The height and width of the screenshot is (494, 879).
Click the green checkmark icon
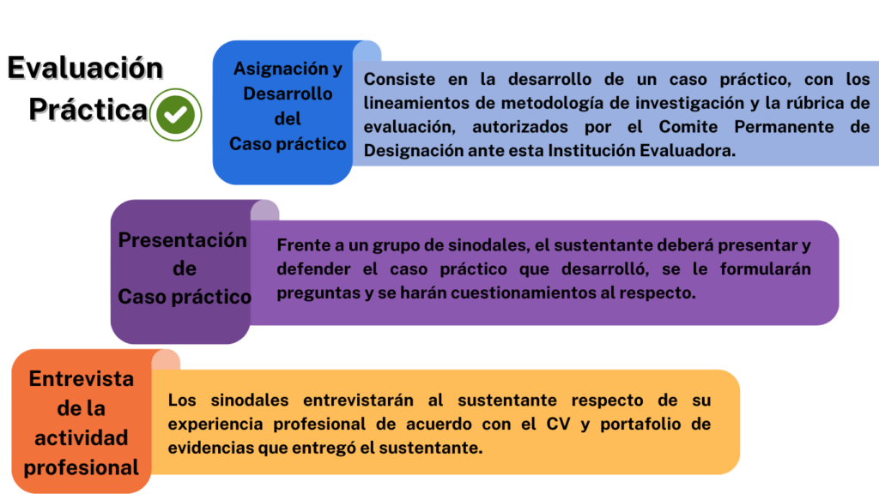(x=175, y=114)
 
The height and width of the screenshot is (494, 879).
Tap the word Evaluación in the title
(x=85, y=69)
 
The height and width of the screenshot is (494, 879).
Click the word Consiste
(x=399, y=79)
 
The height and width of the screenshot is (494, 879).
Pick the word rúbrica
(x=814, y=103)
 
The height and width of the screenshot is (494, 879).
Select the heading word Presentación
(x=182, y=240)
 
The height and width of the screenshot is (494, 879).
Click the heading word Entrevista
(x=82, y=379)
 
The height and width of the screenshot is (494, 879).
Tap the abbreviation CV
(x=558, y=424)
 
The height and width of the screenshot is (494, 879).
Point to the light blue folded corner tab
(x=367, y=51)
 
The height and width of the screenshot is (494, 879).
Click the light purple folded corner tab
(x=264, y=211)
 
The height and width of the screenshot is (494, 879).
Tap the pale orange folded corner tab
(x=166, y=360)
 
